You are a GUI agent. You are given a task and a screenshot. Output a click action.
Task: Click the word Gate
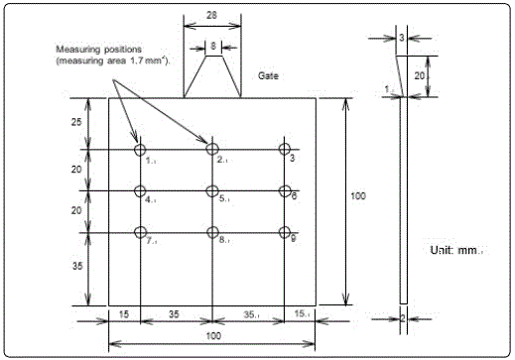[x=268, y=75]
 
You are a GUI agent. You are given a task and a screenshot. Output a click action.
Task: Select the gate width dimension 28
[x=211, y=15]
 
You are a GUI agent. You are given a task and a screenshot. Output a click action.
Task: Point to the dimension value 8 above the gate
[x=213, y=46]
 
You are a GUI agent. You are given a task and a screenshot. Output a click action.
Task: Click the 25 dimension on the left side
[x=76, y=122]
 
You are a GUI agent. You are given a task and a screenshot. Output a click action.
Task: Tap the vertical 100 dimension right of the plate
[x=358, y=196]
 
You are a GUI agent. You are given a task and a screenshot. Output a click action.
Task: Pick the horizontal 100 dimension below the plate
[x=213, y=336]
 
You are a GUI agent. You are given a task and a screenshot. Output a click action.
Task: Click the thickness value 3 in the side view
[x=402, y=38]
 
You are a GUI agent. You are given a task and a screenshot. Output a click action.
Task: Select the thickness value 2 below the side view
[x=403, y=318]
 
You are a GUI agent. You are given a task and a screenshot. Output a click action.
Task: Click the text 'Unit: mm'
[x=454, y=250]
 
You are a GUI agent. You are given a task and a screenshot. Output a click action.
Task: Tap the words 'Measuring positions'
[x=98, y=50]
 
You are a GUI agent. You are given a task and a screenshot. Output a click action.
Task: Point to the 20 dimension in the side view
[x=420, y=76]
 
